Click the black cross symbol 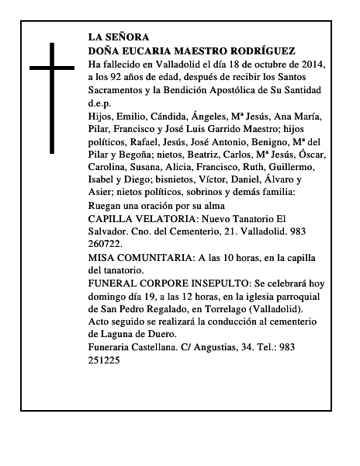click(51, 97)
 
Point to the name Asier click(102, 192)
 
